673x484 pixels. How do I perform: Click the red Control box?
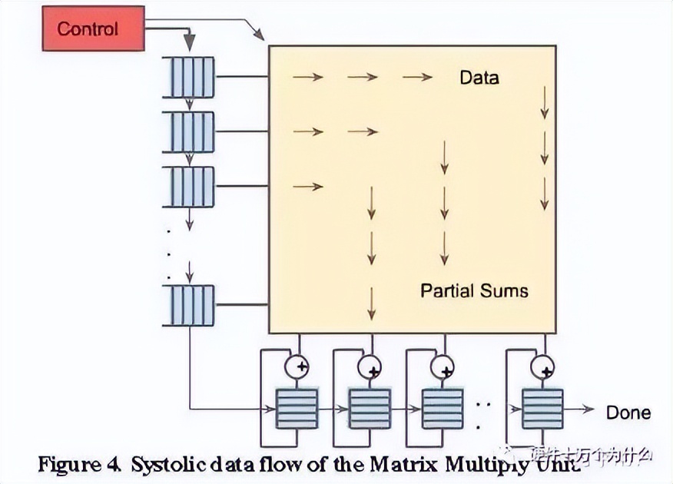pos(93,28)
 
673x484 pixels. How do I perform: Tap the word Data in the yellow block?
pos(479,78)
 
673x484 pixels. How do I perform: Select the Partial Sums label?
pos(474,290)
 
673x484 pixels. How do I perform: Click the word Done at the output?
pos(628,413)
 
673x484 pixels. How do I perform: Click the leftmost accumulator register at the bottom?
pos(297,409)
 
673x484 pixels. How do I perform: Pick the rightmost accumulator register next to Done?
pos(542,409)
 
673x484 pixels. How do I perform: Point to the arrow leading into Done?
pos(580,409)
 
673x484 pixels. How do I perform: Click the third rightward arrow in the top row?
pos(417,77)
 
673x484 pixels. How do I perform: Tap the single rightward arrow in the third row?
pos(307,187)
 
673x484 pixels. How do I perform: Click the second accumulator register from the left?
pos(370,409)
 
